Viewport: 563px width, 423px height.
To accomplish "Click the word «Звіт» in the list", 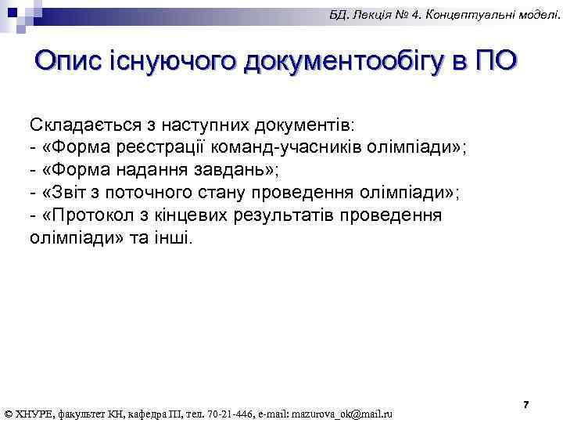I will (x=63, y=193).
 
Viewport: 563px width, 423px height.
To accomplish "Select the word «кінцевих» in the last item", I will (x=192, y=215).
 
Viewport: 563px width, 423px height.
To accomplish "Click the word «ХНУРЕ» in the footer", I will (x=34, y=414).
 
